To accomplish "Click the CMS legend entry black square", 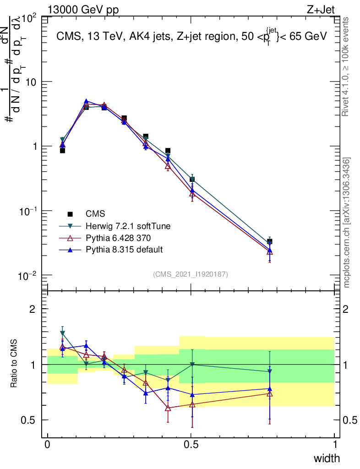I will [x=70, y=214].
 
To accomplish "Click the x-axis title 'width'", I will [x=327, y=458].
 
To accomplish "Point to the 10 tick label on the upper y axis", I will [x=33, y=82].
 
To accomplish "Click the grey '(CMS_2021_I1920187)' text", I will [x=191, y=274].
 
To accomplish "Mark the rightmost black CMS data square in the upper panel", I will [x=270, y=241].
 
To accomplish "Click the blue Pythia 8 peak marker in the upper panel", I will [x=86, y=101].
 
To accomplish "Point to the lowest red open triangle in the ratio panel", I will [x=168, y=407].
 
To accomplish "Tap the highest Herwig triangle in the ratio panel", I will [x=62, y=333].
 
